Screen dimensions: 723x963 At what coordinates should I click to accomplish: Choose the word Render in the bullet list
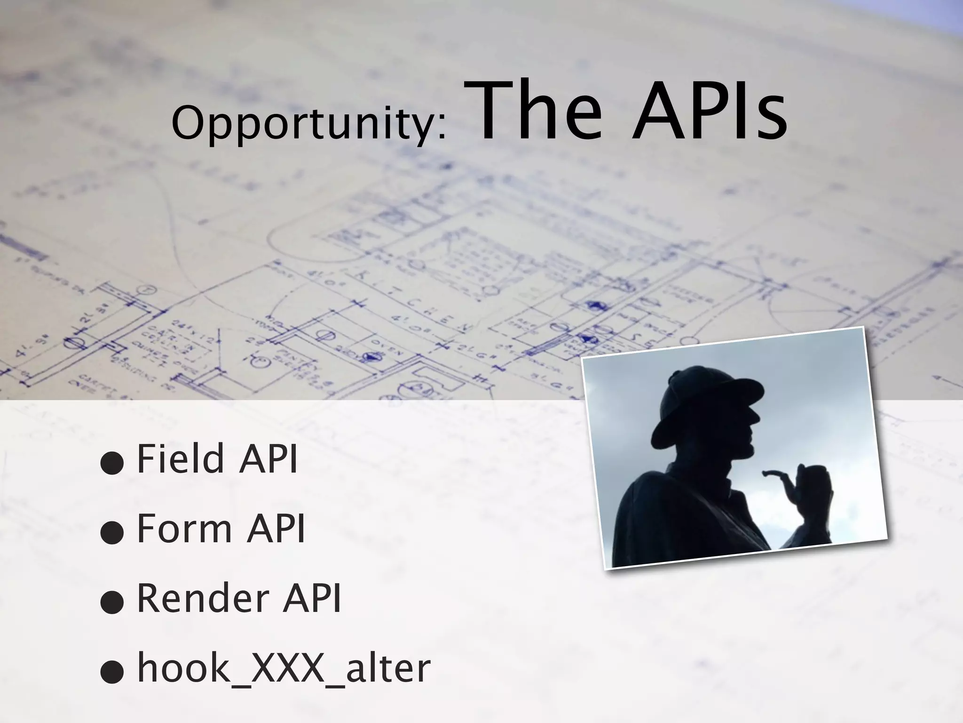tap(202, 598)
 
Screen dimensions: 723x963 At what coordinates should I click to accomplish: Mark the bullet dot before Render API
tap(112, 603)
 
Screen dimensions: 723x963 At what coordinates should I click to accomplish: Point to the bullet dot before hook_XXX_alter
tap(112, 673)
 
